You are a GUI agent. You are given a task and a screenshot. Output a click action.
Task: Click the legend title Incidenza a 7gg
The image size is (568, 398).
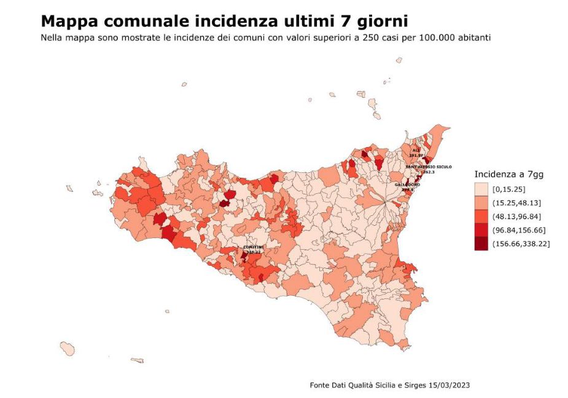click(x=509, y=174)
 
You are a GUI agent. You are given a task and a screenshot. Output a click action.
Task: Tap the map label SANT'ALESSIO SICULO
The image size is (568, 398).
click(x=429, y=167)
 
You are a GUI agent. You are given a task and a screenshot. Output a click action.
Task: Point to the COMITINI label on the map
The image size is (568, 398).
click(x=253, y=247)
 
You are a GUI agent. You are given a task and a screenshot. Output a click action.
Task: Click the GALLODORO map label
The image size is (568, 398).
click(x=408, y=185)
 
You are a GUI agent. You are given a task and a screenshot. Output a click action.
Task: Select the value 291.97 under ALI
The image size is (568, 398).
click(x=417, y=155)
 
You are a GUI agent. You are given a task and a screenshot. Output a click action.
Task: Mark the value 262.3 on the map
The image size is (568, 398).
click(x=429, y=172)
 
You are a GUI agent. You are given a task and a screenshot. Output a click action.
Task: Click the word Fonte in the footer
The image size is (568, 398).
click(x=320, y=385)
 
